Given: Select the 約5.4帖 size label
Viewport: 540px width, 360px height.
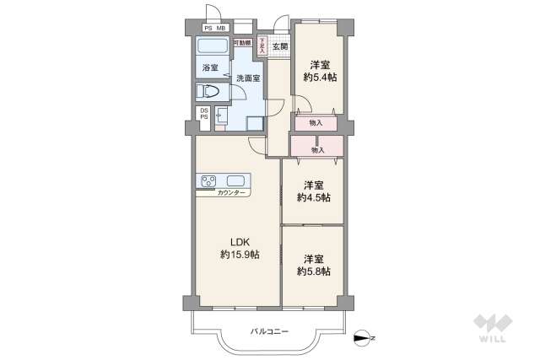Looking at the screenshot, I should pyautogui.click(x=318, y=77).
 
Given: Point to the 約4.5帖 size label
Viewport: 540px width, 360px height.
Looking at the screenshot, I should pyautogui.click(x=314, y=197).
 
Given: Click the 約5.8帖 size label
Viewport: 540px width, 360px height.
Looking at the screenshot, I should pyautogui.click(x=314, y=271).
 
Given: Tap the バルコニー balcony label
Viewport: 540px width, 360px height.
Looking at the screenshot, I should pyautogui.click(x=270, y=331).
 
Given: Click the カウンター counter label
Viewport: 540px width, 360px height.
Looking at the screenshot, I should pyautogui.click(x=232, y=193).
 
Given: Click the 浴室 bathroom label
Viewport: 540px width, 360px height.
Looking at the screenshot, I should pyautogui.click(x=209, y=67).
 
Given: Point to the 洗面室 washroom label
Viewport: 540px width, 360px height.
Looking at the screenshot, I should pyautogui.click(x=247, y=78).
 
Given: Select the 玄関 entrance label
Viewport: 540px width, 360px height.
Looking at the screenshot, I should pyautogui.click(x=279, y=46).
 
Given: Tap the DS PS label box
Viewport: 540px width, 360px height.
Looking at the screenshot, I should pyautogui.click(x=203, y=114).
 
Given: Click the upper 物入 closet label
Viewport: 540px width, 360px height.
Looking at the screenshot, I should pyautogui.click(x=316, y=123).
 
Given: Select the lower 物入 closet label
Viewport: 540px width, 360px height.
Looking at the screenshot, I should pyautogui.click(x=317, y=150).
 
